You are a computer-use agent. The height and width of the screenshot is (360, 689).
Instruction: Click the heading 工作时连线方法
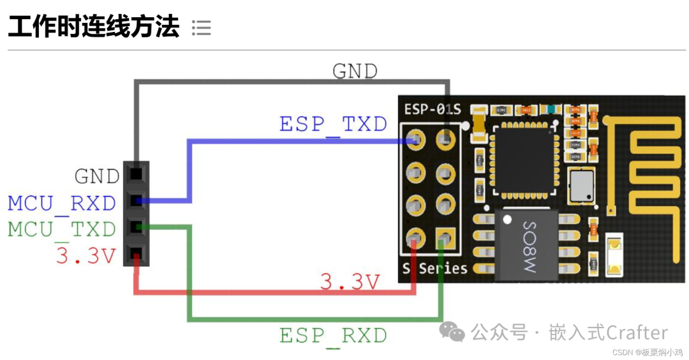click(x=93, y=27)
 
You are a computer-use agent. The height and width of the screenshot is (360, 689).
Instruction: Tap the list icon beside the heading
click(x=201, y=27)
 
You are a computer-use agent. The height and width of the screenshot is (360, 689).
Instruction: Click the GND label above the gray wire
click(x=355, y=71)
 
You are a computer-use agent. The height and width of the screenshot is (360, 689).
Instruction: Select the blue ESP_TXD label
click(x=333, y=124)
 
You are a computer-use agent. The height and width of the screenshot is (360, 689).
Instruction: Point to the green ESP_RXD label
click(x=333, y=335)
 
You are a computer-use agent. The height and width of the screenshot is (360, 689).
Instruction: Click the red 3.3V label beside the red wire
click(x=350, y=281)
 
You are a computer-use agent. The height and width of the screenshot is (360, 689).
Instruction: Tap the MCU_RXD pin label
click(x=62, y=204)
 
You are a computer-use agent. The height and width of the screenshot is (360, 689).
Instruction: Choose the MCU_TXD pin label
click(x=62, y=229)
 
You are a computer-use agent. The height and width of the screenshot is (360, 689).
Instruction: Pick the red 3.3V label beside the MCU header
click(x=86, y=257)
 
